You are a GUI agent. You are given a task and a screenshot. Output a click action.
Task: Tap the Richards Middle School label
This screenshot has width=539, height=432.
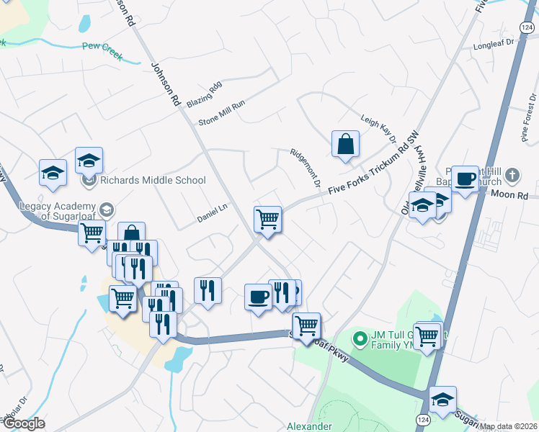point(153,180)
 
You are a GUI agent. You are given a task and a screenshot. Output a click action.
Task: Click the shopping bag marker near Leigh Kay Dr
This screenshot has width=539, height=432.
point(346,143)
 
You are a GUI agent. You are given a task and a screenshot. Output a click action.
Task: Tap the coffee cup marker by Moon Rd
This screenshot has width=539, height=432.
point(465,179)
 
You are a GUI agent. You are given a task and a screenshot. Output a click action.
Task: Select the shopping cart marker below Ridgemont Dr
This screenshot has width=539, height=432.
point(267,219)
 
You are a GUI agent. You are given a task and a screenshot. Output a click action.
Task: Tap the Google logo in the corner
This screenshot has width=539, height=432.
point(23,423)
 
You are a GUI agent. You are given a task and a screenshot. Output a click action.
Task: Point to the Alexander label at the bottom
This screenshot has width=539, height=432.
point(308,426)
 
